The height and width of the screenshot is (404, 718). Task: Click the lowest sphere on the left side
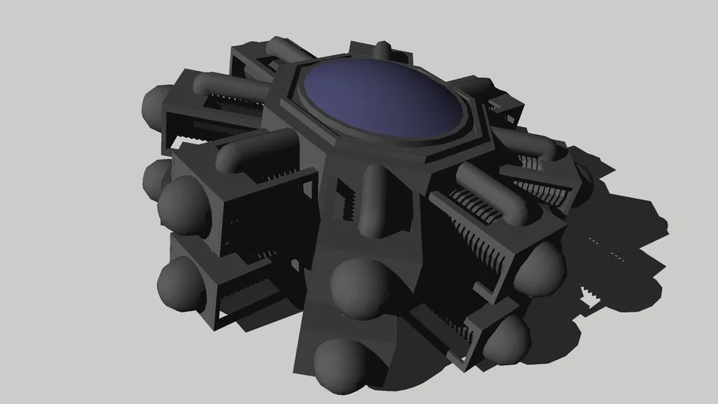(181, 283)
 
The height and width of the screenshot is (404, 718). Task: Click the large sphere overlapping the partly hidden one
(183, 204)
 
